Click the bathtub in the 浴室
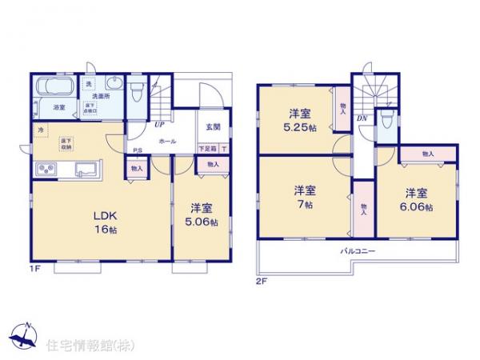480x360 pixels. (54, 86)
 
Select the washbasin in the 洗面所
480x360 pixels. (111, 86)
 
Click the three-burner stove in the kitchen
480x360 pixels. (45, 170)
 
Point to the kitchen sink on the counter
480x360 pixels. (84, 169)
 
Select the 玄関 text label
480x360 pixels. (212, 126)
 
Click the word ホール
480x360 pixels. (168, 141)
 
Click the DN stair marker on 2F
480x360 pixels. (362, 118)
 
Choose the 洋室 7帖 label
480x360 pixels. (303, 196)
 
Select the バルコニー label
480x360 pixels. (355, 251)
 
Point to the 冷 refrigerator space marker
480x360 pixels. (39, 129)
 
